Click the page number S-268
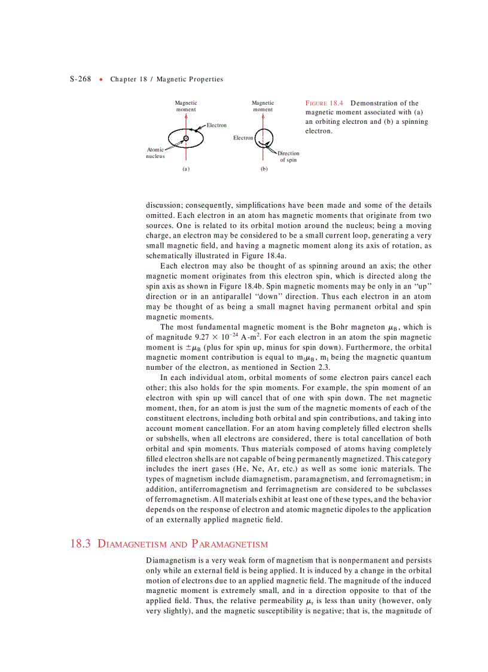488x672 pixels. (x=80, y=79)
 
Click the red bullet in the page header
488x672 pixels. (x=102, y=79)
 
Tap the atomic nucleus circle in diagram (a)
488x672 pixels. (x=186, y=139)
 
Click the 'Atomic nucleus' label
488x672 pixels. (x=155, y=153)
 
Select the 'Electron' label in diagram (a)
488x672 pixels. (x=216, y=125)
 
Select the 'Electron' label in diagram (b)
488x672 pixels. (x=243, y=138)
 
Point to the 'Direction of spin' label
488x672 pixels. (x=288, y=157)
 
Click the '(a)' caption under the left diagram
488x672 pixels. (x=186, y=169)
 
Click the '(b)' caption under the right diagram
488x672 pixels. (x=264, y=169)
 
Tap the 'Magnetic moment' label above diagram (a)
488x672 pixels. (x=186, y=107)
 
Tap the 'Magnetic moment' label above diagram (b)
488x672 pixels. (x=263, y=107)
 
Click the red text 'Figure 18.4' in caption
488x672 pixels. (x=324, y=103)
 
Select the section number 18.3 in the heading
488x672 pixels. (x=80, y=544)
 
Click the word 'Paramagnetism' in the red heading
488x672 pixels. (x=230, y=544)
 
